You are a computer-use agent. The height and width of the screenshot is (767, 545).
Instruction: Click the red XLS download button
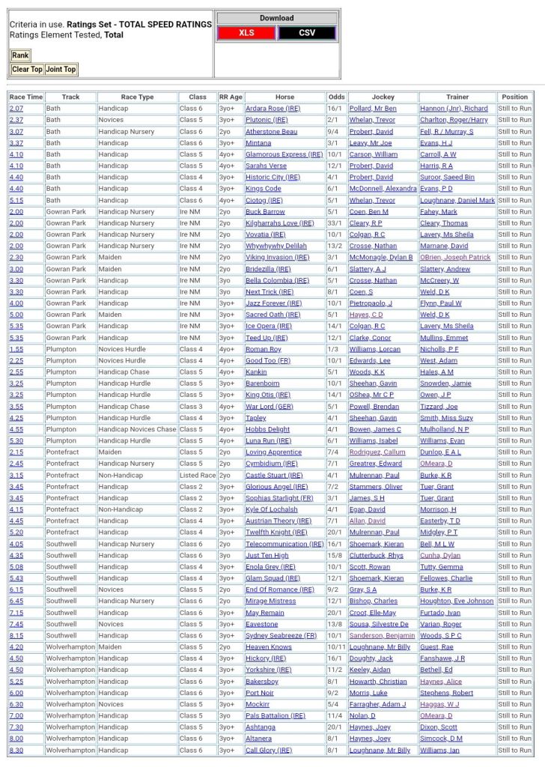point(246,33)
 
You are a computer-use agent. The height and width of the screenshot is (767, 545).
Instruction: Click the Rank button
point(20,55)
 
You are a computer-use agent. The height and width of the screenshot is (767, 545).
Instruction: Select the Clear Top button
point(27,70)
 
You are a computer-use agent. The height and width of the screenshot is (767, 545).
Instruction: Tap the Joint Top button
point(61,70)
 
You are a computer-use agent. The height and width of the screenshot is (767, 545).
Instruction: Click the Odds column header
point(336,97)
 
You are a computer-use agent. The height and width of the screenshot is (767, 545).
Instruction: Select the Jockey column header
point(383,97)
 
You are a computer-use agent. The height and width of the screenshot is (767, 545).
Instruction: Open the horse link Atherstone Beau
point(271,132)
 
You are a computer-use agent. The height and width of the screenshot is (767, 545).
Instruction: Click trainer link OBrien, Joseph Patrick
point(455,258)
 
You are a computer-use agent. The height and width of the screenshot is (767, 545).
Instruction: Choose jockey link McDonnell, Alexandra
point(383,189)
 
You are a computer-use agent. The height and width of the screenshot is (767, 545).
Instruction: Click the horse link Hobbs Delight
point(267,429)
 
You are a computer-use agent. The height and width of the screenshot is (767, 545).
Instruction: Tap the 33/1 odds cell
point(336,223)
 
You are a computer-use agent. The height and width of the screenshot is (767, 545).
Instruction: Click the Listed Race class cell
point(198,475)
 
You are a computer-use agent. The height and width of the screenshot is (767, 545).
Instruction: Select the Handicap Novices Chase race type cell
point(137,429)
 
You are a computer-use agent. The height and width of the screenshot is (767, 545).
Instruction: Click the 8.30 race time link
point(16,750)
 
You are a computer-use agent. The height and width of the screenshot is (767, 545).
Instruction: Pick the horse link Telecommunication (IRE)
point(284,544)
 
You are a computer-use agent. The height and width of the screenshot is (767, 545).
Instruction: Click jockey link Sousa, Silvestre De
point(379,624)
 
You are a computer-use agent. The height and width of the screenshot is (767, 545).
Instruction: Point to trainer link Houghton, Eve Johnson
point(457,601)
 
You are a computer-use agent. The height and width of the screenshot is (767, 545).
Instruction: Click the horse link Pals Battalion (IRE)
point(275,715)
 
